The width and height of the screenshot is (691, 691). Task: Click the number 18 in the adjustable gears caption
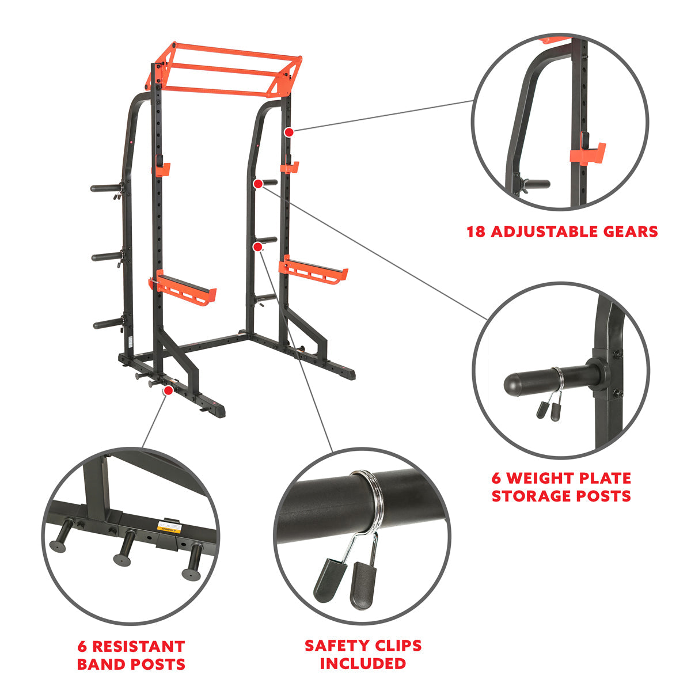(476, 231)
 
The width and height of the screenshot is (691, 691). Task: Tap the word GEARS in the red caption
(629, 231)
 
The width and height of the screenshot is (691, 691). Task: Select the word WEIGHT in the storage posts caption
(555, 478)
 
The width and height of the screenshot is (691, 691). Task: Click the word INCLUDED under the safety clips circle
(363, 663)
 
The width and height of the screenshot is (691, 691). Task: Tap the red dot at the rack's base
(168, 390)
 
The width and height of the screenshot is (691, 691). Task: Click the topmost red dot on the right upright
(289, 132)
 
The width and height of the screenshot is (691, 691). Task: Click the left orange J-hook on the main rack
(161, 169)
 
